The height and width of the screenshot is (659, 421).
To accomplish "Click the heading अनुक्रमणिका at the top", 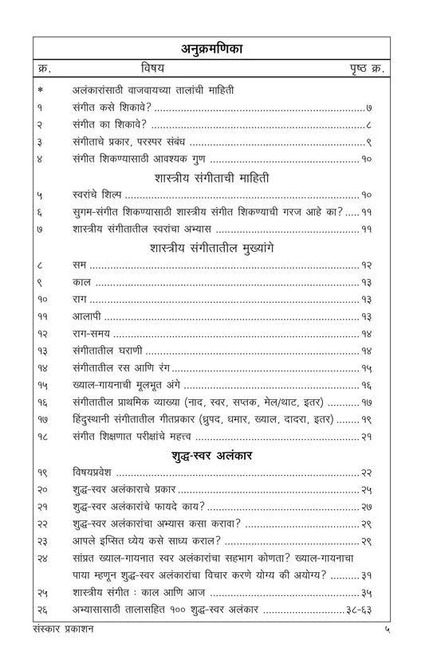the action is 210,49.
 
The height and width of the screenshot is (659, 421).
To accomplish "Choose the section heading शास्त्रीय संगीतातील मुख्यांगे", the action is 210,247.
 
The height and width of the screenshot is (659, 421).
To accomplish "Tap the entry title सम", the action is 78,265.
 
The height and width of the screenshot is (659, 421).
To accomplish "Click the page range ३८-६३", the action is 365,611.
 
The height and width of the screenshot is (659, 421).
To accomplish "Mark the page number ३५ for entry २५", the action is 377,594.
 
